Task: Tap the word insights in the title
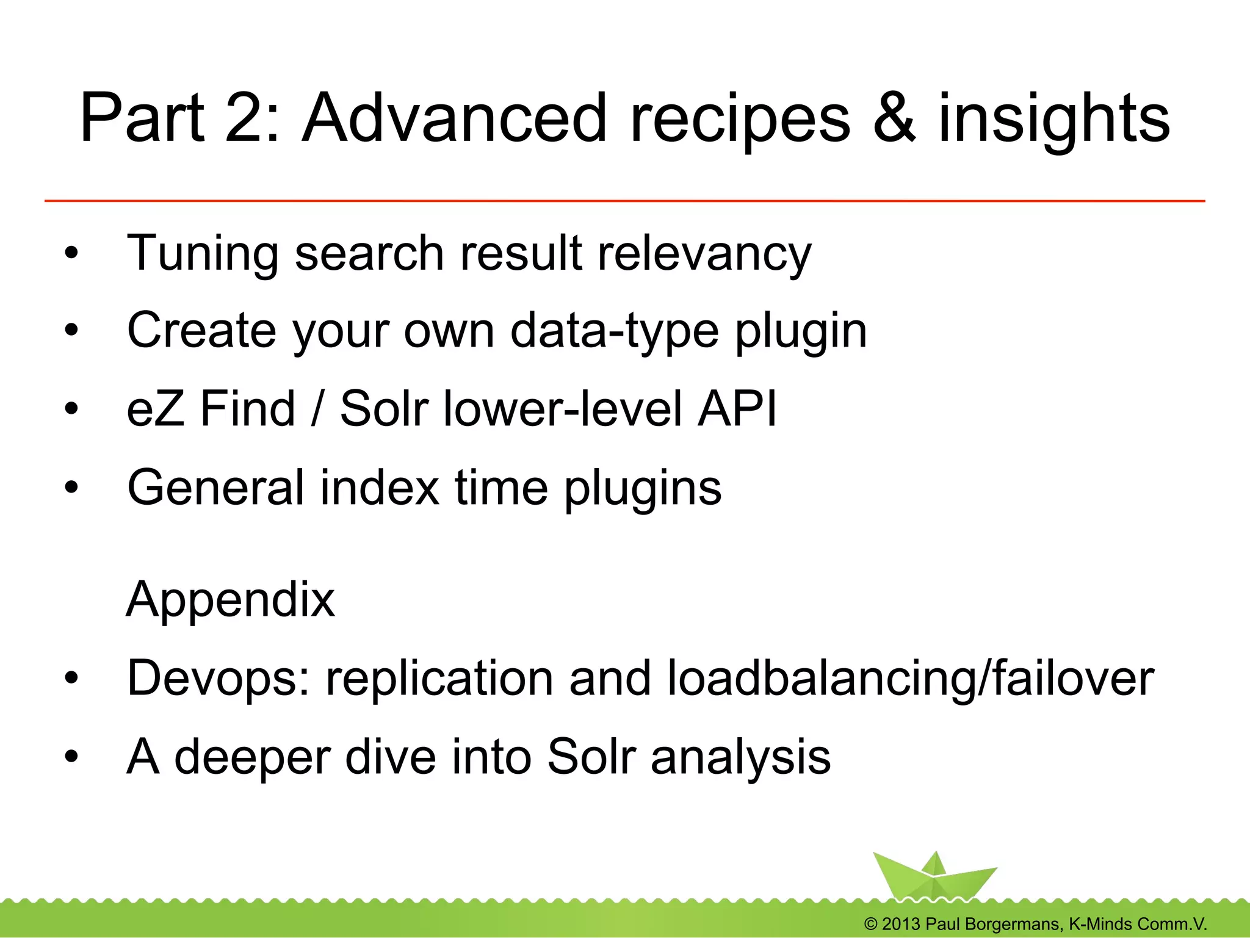tap(1053, 119)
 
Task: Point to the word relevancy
tap(704, 254)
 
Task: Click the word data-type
tap(614, 332)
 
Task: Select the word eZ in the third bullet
tap(155, 408)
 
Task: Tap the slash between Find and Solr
tap(316, 408)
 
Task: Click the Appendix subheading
tap(231, 599)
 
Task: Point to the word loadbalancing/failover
tap(910, 679)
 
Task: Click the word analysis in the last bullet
tap(740, 757)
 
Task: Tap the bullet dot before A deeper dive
tap(72, 757)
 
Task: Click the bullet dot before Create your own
tap(72, 331)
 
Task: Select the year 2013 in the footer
tap(900, 924)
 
